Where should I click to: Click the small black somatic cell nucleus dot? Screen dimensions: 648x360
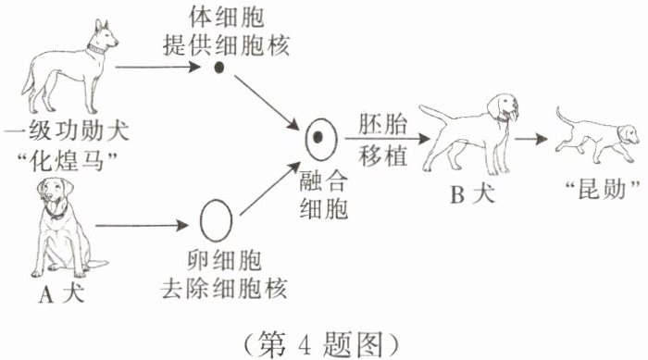coord(219,68)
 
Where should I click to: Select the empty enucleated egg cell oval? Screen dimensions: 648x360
coord(216,220)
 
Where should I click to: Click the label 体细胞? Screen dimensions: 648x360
coord(226,18)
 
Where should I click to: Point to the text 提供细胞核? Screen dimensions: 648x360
coord(226,45)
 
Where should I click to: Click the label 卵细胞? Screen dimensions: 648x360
coord(224,260)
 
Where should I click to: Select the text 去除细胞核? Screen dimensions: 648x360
coord(224,288)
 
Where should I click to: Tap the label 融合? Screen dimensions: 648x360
coord(323,180)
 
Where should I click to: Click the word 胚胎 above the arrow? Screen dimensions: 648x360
coord(382,124)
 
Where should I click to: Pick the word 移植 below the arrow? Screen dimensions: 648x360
coord(382,155)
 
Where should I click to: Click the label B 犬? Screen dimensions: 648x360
coord(472,194)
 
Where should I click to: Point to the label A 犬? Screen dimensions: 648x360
coord(62,294)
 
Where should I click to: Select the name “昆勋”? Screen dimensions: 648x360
coord(602,190)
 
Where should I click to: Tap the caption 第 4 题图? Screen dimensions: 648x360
coord(320,344)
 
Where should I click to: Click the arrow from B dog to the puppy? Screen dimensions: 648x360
coord(531,139)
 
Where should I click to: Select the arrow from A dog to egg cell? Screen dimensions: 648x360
coord(142,226)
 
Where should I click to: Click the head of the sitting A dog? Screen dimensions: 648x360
coord(55,193)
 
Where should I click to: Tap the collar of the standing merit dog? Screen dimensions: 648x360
coord(96,49)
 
